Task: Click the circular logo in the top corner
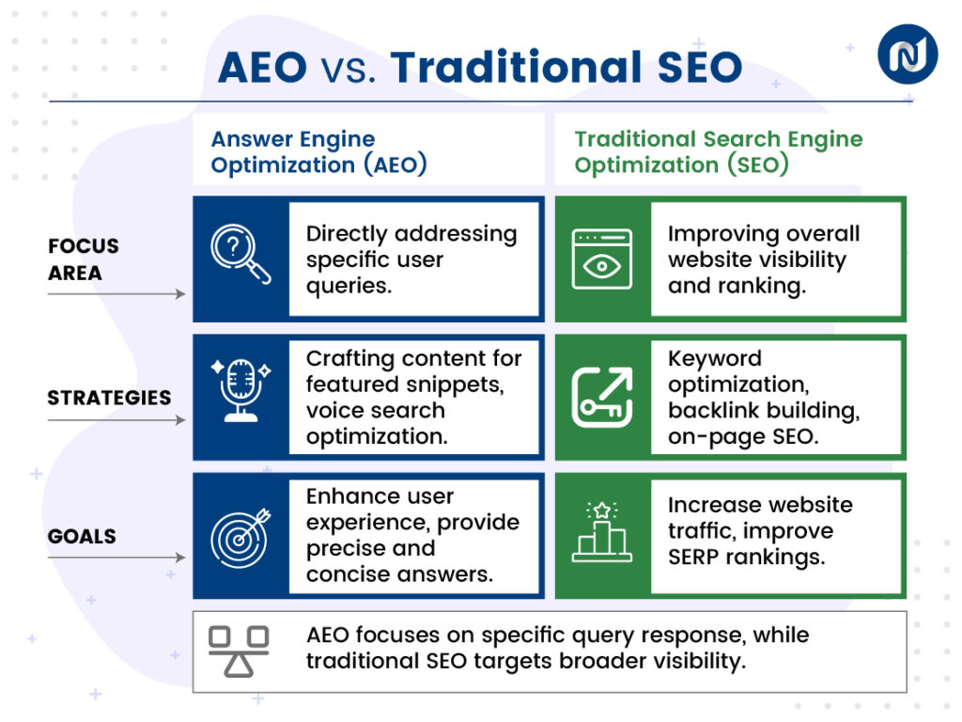(x=908, y=54)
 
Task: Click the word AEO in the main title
(x=262, y=68)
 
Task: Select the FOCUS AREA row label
(x=84, y=259)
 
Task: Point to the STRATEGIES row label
(x=109, y=398)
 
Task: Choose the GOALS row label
(x=83, y=537)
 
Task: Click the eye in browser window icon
(x=602, y=259)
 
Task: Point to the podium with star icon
(x=602, y=534)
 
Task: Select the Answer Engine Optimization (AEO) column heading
(x=319, y=152)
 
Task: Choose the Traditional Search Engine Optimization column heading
(x=719, y=152)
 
